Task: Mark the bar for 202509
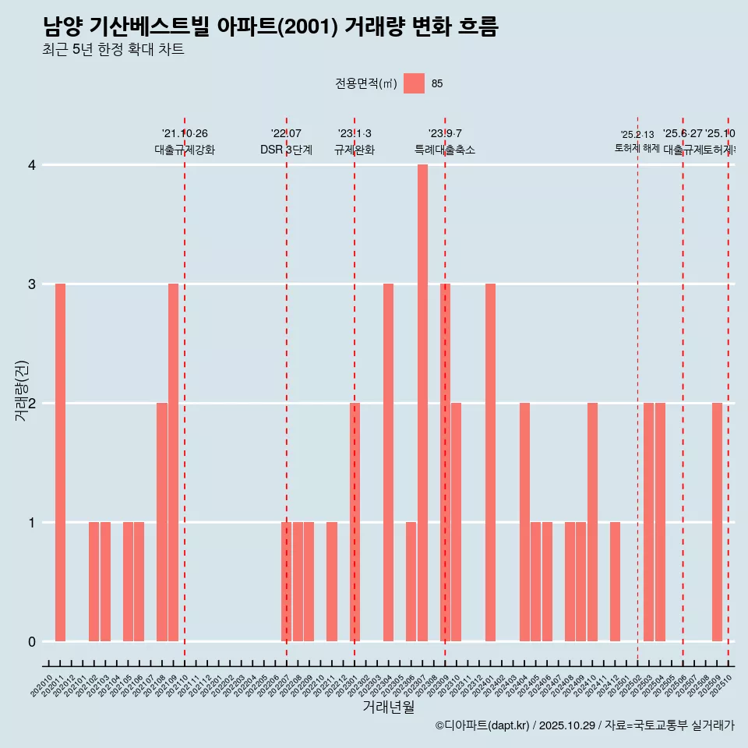click(717, 522)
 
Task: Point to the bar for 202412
click(615, 581)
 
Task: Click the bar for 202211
click(332, 581)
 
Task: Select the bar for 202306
click(411, 581)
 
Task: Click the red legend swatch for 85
click(414, 83)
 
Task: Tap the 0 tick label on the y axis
click(32, 642)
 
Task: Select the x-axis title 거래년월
click(388, 707)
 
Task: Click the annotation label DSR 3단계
click(286, 150)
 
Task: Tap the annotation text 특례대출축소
click(444, 150)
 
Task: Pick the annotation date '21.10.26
click(185, 133)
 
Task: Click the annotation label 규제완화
click(355, 150)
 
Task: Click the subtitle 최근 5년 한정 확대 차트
click(114, 51)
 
